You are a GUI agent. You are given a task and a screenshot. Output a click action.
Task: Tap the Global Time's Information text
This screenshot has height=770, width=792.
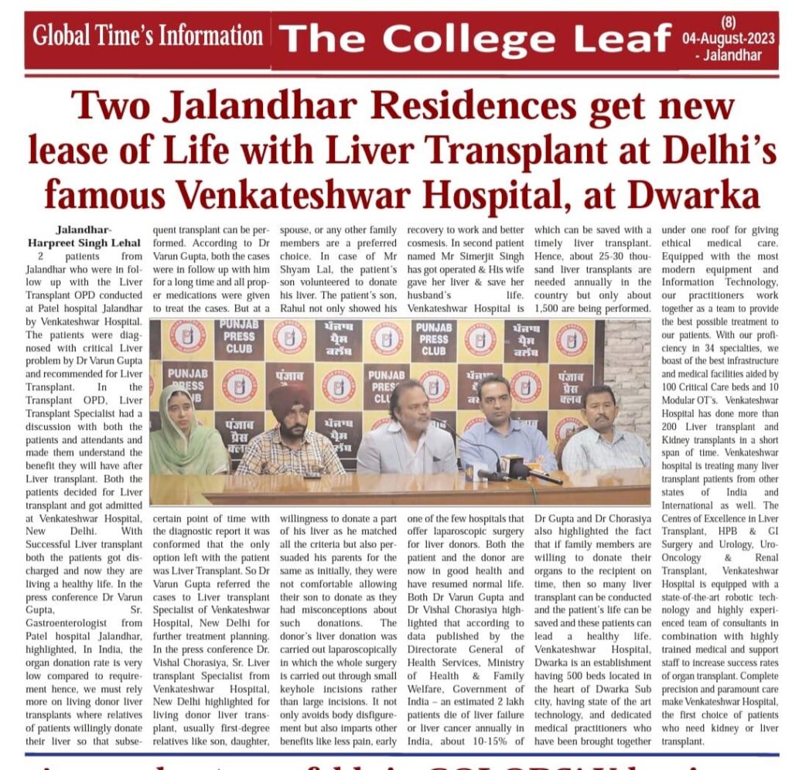click(148, 36)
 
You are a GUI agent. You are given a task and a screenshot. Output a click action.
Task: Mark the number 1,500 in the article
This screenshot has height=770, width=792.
click(551, 309)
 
